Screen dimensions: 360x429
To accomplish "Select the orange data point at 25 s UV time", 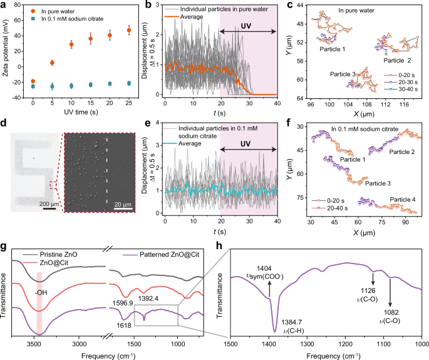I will pos(129,30).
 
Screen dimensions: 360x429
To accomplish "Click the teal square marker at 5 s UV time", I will pos(52,86).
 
